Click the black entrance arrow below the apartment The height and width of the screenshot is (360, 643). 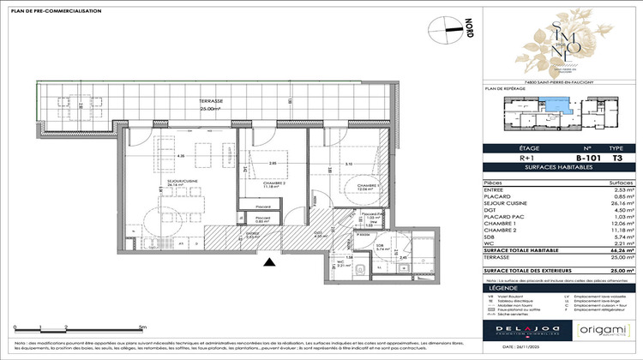(x=271, y=262)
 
